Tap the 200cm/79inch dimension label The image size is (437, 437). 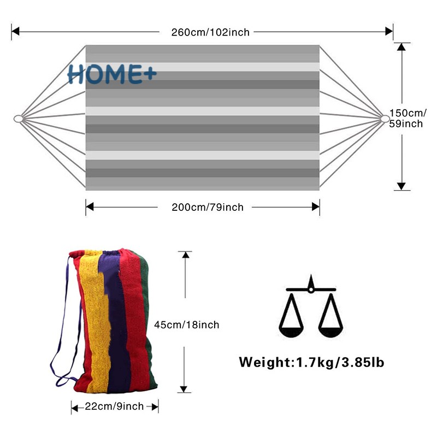[x=208, y=207]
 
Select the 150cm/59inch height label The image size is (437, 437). [x=406, y=118]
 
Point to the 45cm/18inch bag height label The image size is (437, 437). [x=186, y=325]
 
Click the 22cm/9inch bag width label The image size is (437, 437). [x=115, y=406]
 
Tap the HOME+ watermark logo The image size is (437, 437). [x=112, y=74]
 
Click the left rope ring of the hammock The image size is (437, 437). [x=17, y=119]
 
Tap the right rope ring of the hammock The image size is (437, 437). [x=385, y=119]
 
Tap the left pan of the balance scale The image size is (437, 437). [x=292, y=328]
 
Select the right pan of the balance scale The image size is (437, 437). [x=331, y=328]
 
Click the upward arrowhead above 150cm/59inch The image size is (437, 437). [x=402, y=47]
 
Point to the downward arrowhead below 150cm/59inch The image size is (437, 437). [x=402, y=186]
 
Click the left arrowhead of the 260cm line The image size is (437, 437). [x=16, y=32]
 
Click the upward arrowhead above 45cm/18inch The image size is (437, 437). [x=186, y=256]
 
